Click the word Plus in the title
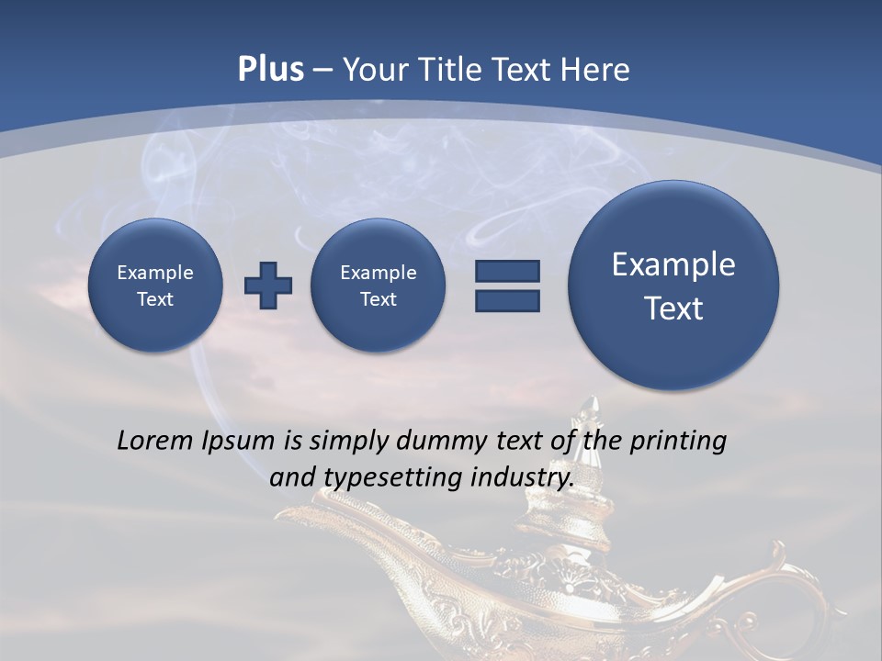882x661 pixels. pyautogui.click(x=270, y=70)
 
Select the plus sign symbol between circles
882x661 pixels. pyautogui.click(x=268, y=286)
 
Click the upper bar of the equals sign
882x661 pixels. pyautogui.click(x=507, y=271)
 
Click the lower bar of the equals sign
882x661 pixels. pyautogui.click(x=507, y=300)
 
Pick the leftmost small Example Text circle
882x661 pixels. pyautogui.click(x=155, y=286)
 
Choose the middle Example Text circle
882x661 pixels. pyautogui.click(x=378, y=286)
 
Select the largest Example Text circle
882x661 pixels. pyautogui.click(x=673, y=286)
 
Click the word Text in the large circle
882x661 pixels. pyautogui.click(x=673, y=308)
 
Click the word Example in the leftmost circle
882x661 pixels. pyautogui.click(x=155, y=273)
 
